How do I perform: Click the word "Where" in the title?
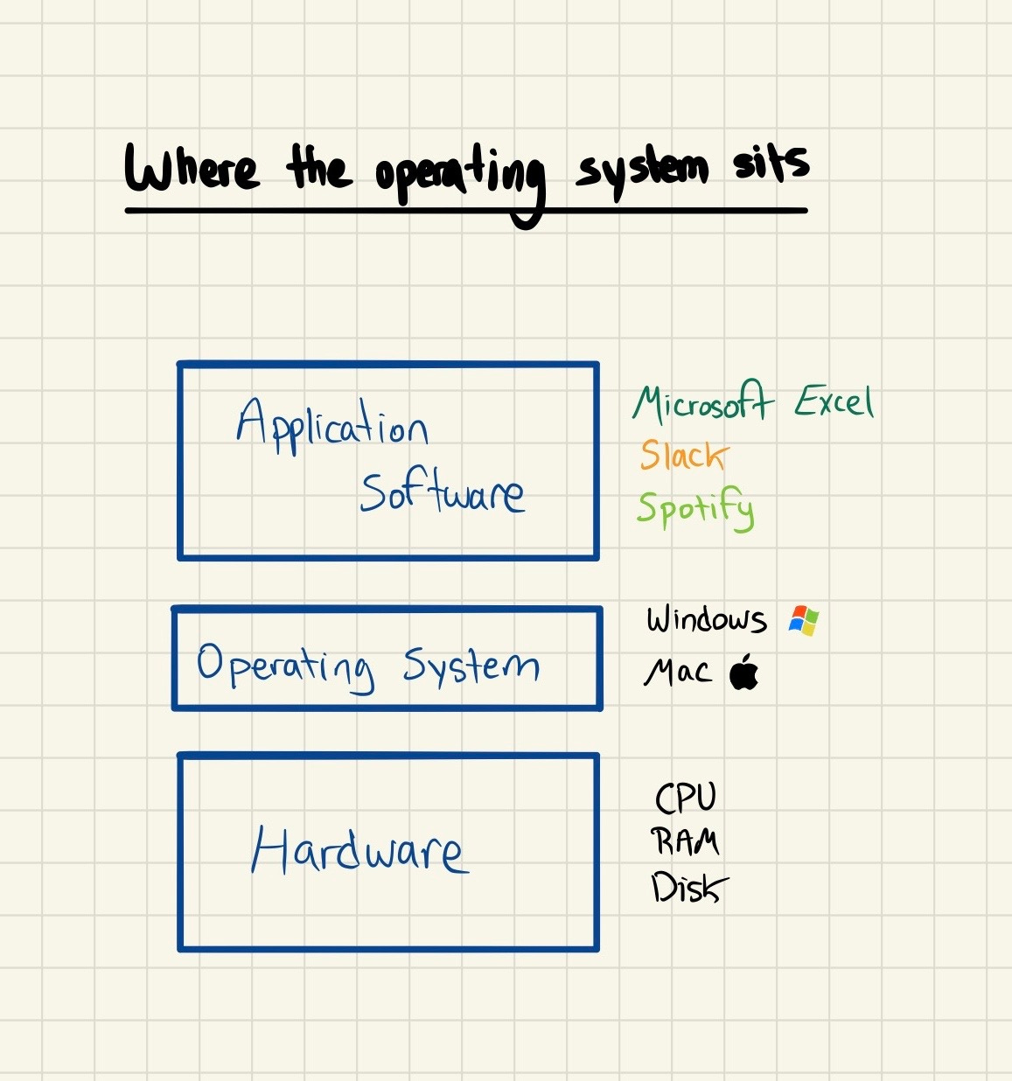[x=192, y=168]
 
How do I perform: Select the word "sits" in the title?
[x=771, y=163]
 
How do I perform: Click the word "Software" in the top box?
[x=443, y=493]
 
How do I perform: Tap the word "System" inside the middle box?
[x=471, y=666]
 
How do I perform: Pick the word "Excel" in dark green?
[x=834, y=402]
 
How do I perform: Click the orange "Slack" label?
[x=683, y=455]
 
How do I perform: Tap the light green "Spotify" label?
[x=695, y=508]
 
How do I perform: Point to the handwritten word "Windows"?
[x=707, y=619]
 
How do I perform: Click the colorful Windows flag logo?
[x=803, y=620]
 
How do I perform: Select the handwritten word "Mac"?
[x=678, y=673]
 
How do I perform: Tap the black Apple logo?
[x=744, y=672]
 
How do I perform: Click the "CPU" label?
[x=686, y=798]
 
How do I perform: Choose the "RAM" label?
[x=686, y=841]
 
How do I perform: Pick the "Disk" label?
[x=688, y=889]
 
